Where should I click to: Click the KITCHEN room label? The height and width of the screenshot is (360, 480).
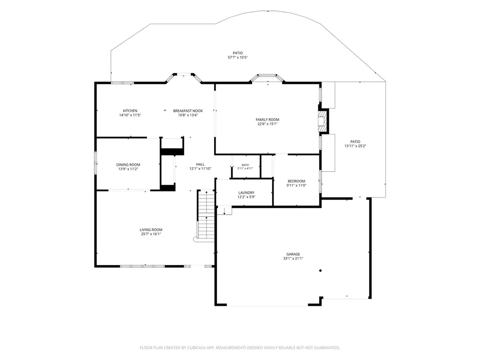tap(130, 111)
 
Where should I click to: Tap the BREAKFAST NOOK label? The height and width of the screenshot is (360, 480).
tap(188, 111)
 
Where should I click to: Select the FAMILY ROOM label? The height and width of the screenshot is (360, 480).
tap(267, 120)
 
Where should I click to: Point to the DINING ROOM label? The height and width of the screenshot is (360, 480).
tap(128, 165)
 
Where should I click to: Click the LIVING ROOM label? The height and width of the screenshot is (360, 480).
tap(151, 230)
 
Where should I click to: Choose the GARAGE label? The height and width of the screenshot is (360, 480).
tap(293, 254)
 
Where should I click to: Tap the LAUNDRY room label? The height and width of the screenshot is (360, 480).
tap(246, 193)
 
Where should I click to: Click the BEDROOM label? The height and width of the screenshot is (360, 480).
tap(296, 181)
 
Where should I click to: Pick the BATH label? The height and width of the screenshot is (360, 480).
tap(245, 165)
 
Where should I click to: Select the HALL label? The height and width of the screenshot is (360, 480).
tap(200, 164)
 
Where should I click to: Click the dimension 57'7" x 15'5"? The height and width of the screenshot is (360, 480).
tap(237, 57)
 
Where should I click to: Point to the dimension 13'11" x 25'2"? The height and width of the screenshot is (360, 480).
tap(355, 146)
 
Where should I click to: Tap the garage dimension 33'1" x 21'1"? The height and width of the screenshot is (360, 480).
tap(293, 258)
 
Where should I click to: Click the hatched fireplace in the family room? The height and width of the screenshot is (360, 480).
tap(322, 121)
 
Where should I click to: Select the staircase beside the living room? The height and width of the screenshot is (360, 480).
tap(206, 214)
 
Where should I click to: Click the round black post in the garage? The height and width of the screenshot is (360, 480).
tap(320, 271)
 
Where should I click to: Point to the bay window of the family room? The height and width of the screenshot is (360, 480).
tap(267, 77)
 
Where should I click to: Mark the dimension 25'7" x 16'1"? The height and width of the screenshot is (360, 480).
tap(151, 234)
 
